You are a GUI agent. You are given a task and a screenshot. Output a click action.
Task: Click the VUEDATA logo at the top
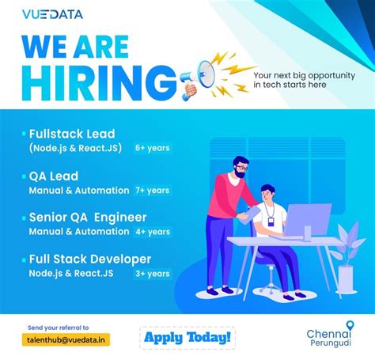pos(52,14)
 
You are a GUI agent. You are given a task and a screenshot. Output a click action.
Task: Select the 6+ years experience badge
pos(152,148)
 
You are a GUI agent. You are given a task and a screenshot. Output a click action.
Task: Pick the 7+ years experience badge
pos(152,190)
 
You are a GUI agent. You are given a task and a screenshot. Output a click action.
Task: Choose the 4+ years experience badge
pos(152,232)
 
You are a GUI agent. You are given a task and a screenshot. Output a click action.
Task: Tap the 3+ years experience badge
pos(152,274)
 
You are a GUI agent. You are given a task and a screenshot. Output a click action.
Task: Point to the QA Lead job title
pos(54,176)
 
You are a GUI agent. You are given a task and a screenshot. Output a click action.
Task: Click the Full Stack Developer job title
pos(89,260)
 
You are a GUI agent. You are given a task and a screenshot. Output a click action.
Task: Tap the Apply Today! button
pos(187,338)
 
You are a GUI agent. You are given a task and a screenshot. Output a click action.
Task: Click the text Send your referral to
pos(58,327)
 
